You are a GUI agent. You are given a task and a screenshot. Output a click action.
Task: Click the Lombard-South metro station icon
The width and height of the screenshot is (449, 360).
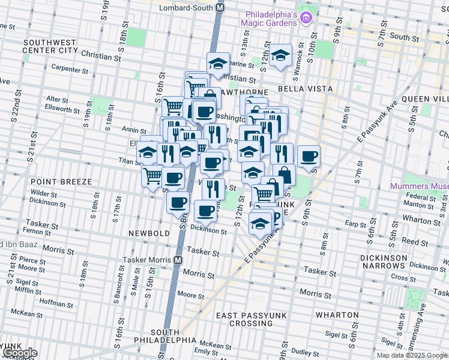pos(220,8)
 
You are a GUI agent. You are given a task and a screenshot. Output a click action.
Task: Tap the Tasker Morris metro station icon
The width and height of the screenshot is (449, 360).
pos(178,260)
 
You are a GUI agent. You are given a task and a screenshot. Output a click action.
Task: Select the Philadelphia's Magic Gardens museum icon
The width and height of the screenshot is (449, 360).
pos(307,17)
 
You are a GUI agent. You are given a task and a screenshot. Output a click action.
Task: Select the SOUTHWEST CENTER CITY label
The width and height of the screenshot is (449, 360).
pos(50,47)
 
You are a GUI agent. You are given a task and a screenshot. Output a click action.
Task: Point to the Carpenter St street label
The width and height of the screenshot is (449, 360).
pos(70,69)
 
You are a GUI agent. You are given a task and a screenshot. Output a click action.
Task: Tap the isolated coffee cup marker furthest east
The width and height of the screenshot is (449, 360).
pos(309,157)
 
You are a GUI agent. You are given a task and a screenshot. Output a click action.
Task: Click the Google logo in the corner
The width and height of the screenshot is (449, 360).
pos(19,353)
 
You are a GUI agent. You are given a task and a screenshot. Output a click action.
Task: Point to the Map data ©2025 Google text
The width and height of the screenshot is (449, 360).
pos(412,355)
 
